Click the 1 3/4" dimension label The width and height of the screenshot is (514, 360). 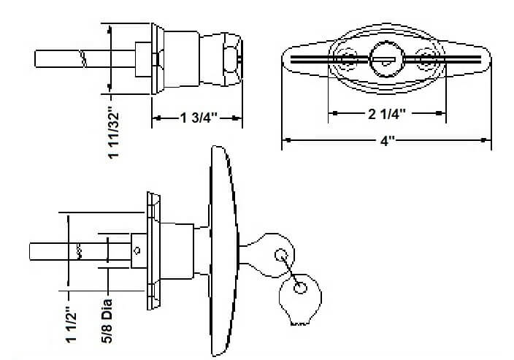click(196, 118)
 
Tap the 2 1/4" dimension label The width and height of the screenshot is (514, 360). click(388, 114)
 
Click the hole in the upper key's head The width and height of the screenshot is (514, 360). click(280, 255)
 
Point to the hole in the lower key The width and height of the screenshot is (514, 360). click(299, 288)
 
